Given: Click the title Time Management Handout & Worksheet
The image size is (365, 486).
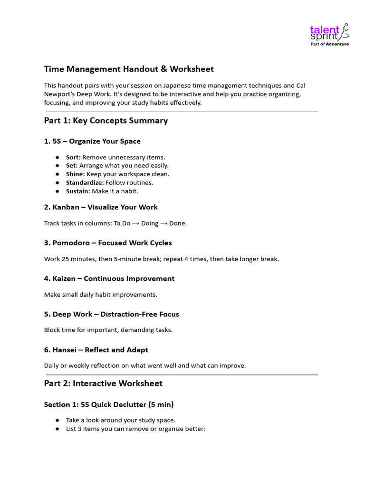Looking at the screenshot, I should (x=129, y=69).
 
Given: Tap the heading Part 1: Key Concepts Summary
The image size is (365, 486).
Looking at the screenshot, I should (x=106, y=121).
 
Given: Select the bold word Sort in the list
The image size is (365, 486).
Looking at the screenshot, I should (x=73, y=157).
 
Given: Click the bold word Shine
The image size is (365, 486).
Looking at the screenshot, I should (x=74, y=174).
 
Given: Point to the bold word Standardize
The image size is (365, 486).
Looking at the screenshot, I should (x=85, y=183).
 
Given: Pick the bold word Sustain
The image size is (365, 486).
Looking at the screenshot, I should (x=77, y=191).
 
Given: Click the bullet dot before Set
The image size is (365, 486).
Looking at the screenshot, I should (x=57, y=166).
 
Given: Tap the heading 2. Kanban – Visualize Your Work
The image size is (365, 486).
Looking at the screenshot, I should (x=101, y=207).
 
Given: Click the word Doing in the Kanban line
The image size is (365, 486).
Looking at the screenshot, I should (x=150, y=224).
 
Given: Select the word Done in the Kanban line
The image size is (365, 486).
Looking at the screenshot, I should (x=178, y=224).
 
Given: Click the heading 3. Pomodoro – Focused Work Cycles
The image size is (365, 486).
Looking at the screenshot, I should (x=108, y=243).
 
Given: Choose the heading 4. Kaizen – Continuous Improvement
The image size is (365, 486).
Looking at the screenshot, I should (x=109, y=278).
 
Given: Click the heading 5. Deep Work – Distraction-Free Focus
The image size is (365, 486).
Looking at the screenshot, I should (x=112, y=314).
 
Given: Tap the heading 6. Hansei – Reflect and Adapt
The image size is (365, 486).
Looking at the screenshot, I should (x=96, y=349).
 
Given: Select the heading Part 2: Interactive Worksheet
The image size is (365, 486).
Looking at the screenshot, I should (x=103, y=383).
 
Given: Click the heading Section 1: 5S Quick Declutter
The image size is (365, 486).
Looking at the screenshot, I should (x=109, y=404).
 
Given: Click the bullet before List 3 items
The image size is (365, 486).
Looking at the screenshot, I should (x=57, y=429).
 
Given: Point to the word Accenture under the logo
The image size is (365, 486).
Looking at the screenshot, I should (x=337, y=44).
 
